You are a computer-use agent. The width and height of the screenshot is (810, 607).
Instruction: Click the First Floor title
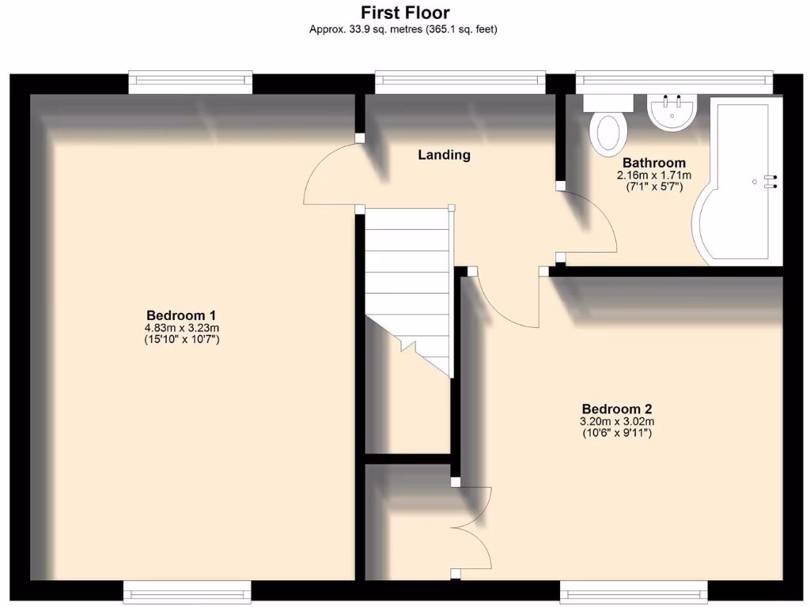point(404,13)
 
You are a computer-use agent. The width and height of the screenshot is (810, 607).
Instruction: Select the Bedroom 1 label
point(180,314)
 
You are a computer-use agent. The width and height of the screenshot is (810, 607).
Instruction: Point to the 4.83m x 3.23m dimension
point(180,327)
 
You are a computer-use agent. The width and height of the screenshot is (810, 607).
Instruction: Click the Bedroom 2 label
point(616,409)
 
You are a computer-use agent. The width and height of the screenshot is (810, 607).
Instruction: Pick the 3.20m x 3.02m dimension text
point(616,421)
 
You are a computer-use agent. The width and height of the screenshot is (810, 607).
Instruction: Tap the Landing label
point(444,155)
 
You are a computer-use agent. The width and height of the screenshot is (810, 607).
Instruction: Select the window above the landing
point(460,80)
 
